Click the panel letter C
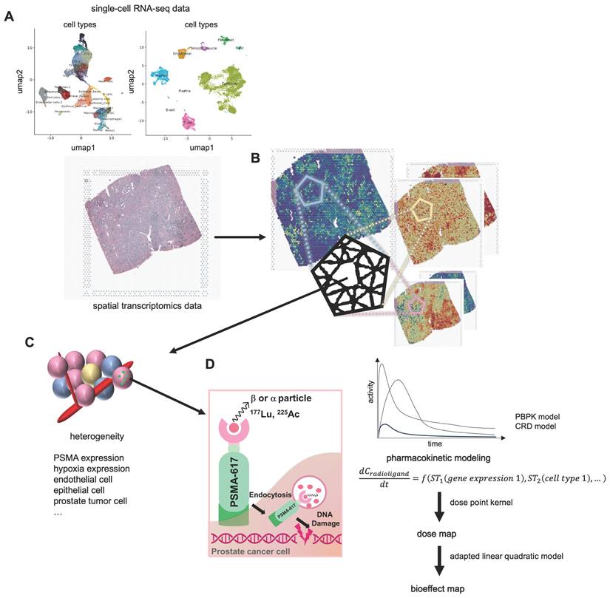click(30, 342)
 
